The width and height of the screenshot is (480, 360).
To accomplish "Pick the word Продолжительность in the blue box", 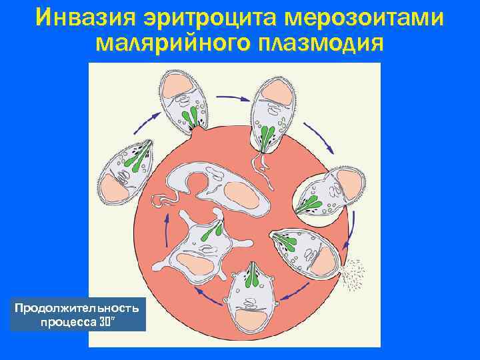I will click(x=77, y=307).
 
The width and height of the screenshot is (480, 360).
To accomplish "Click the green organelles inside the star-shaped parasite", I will click(x=213, y=231).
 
